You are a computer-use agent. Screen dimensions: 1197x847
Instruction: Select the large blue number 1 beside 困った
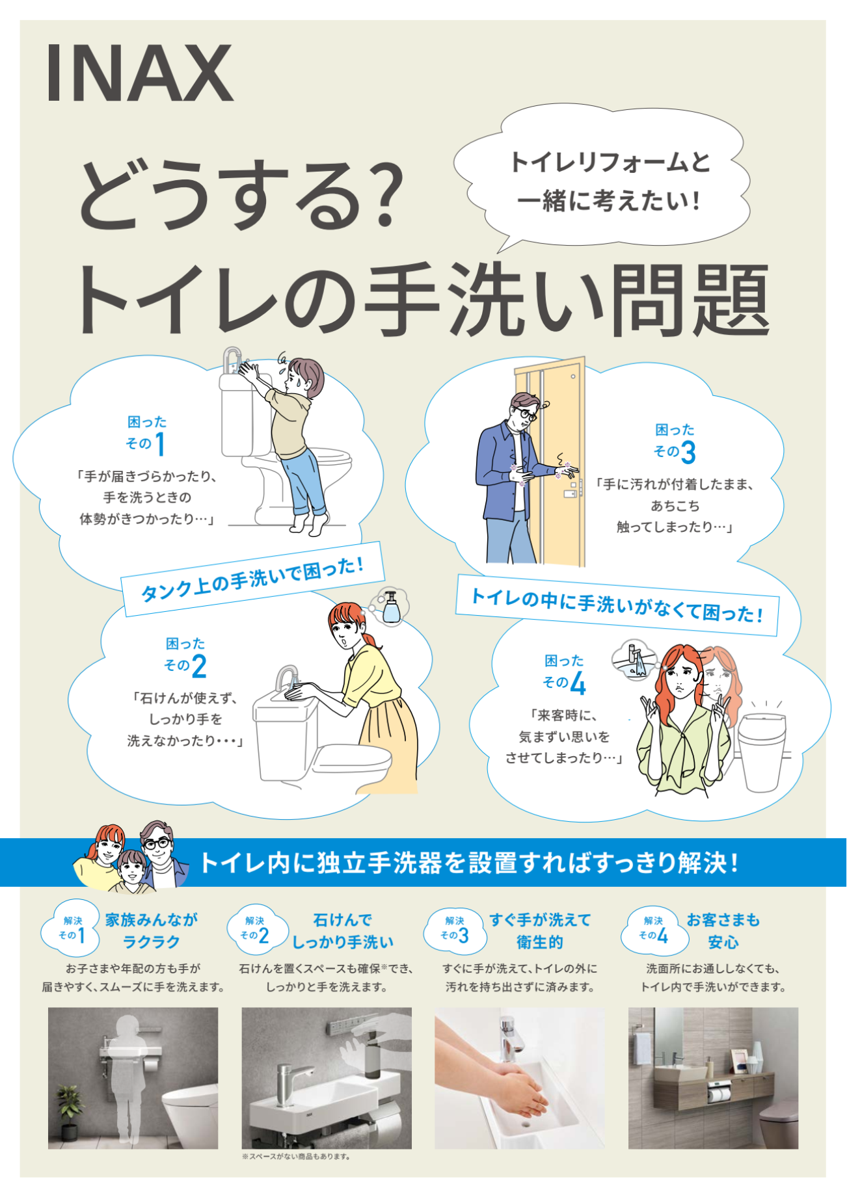(160, 445)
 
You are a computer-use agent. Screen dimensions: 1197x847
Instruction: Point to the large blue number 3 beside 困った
(688, 453)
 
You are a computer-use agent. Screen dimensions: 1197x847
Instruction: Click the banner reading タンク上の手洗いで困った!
(252, 579)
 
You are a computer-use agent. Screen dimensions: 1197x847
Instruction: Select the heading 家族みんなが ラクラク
(151, 930)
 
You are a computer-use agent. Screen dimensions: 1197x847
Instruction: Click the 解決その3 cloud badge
(455, 930)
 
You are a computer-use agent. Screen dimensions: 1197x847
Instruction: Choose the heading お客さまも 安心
(723, 930)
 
